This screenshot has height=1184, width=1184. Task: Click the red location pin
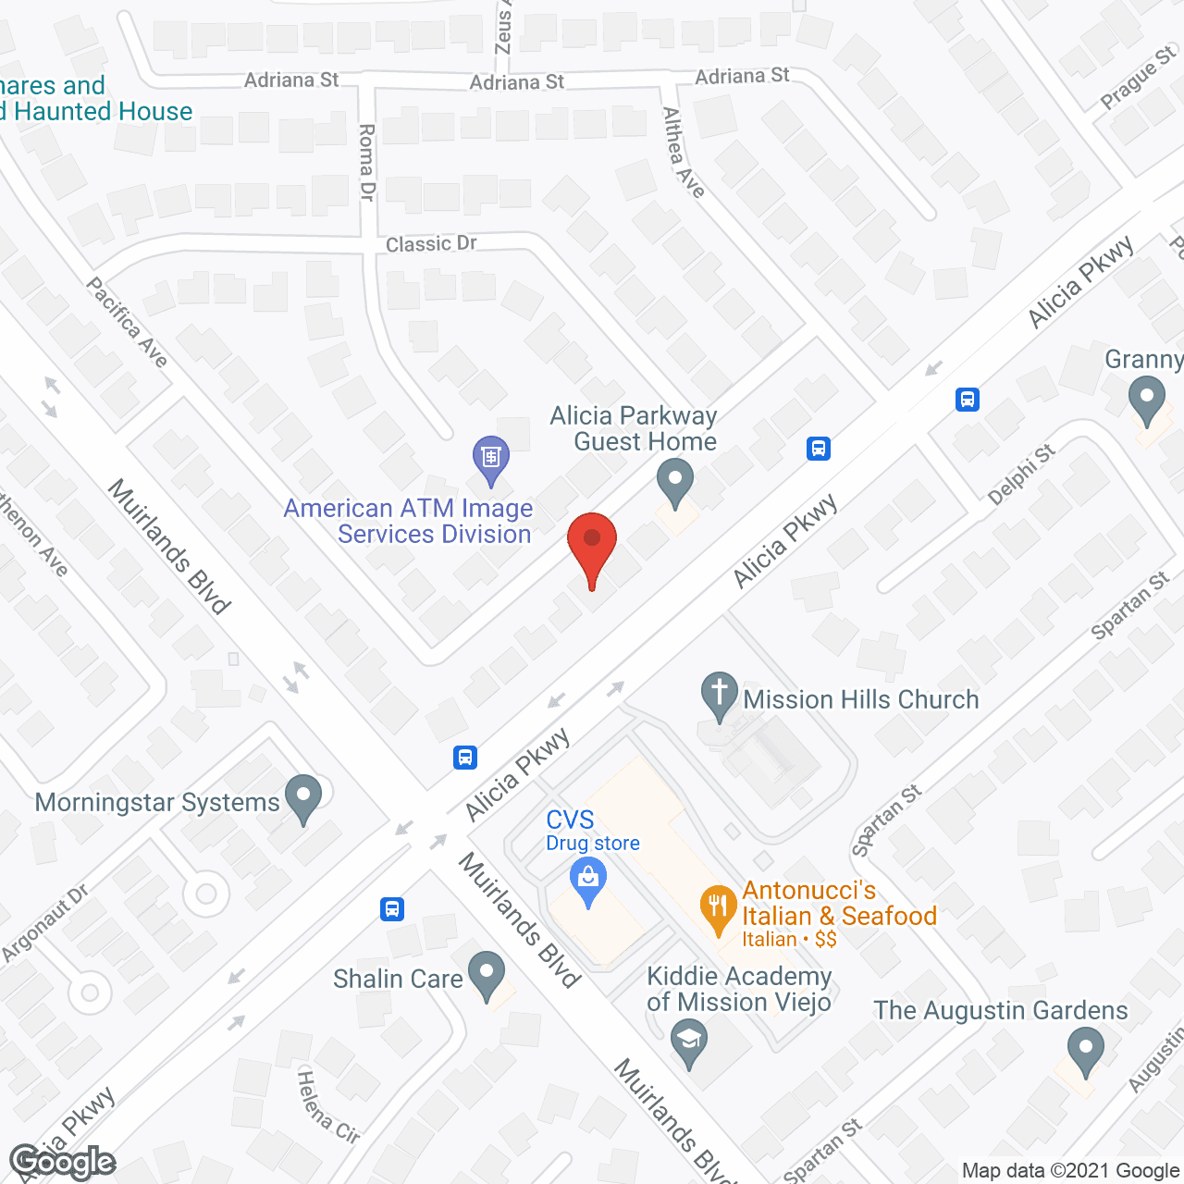592,540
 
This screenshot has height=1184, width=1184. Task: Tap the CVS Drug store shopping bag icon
588,878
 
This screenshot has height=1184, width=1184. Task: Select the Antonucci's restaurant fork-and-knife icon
718,906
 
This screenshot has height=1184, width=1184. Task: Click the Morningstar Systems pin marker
303,795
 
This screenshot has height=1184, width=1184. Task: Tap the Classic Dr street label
431,243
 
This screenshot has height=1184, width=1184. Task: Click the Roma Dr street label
367,162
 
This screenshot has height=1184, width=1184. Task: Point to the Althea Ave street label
684,153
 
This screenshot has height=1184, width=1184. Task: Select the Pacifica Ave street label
128,322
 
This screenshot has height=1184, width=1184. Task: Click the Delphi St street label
1021,475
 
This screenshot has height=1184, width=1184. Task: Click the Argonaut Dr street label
45,922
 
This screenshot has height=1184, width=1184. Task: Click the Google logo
62,1162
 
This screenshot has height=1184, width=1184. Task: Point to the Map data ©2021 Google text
1070,1171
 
